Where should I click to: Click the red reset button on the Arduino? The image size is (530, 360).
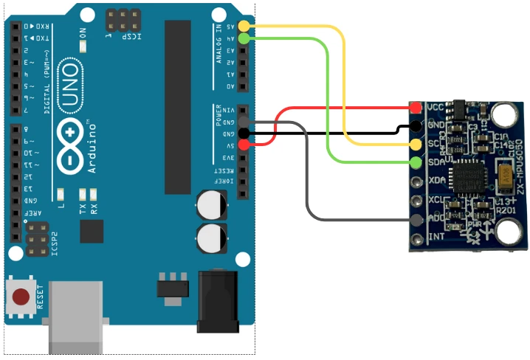point(21,297)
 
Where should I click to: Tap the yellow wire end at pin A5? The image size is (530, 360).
point(244,27)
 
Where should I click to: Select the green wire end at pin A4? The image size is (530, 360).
point(244,38)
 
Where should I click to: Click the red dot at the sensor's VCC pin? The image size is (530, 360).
point(416,108)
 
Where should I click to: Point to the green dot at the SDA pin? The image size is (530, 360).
point(416,162)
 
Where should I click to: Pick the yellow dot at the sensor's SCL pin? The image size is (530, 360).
point(416,144)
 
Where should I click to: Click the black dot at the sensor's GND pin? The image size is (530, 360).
point(416,126)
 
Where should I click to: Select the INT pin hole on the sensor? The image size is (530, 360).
point(416,238)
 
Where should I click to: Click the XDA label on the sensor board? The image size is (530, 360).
point(438,181)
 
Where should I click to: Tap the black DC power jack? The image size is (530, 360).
point(218,302)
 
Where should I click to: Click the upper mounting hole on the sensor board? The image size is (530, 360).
point(504,114)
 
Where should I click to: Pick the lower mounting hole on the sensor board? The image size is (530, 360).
point(506,232)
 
